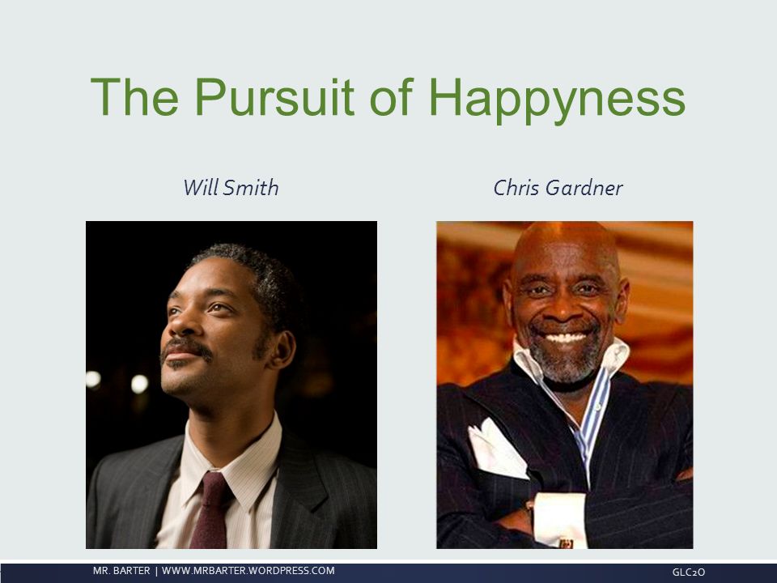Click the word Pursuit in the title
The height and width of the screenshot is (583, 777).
click(274, 97)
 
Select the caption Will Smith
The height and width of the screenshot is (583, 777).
click(231, 187)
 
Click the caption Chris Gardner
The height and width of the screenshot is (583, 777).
click(558, 187)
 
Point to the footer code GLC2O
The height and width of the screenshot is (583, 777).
click(688, 572)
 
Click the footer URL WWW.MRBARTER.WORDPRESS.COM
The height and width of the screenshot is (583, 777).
click(248, 571)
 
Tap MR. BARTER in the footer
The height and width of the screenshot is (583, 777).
click(121, 571)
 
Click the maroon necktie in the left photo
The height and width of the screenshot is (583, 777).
click(210, 511)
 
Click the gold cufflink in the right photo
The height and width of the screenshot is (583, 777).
click(566, 543)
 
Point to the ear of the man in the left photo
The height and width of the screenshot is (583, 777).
click(282, 351)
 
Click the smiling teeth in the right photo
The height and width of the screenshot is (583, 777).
click(566, 338)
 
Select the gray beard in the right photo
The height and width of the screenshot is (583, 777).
click(566, 358)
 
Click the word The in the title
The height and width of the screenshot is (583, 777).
click(134, 97)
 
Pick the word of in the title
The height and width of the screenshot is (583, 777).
click(392, 97)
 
